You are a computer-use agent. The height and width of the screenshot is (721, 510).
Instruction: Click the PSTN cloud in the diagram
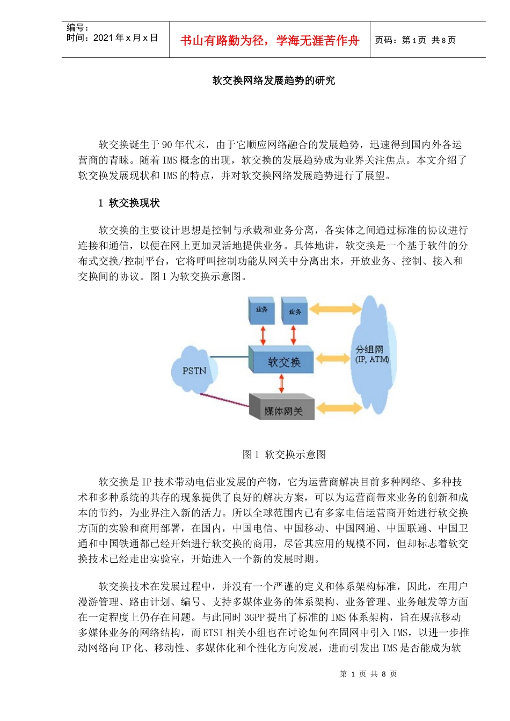pyautogui.click(x=194, y=370)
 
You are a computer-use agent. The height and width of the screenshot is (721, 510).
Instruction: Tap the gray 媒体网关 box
pyautogui.click(x=282, y=409)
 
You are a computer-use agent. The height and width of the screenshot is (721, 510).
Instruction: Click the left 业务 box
pyautogui.click(x=261, y=310)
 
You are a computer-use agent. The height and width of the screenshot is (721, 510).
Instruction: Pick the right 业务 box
pyautogui.click(x=295, y=311)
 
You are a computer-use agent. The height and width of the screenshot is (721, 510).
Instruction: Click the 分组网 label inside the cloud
pyautogui.click(x=369, y=349)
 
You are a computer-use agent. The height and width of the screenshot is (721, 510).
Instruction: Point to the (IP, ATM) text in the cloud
pyautogui.click(x=372, y=359)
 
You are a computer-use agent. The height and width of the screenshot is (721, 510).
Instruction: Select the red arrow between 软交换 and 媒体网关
pyautogui.click(x=281, y=384)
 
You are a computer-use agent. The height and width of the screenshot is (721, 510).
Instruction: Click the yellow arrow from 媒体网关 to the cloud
pyautogui.click(x=338, y=408)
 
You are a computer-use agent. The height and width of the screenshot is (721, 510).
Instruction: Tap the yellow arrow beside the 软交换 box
pyautogui.click(x=333, y=358)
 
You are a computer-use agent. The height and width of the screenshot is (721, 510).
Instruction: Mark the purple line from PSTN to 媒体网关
pyautogui.click(x=224, y=400)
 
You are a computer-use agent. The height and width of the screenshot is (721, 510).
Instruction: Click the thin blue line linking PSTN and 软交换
pyautogui.click(x=229, y=357)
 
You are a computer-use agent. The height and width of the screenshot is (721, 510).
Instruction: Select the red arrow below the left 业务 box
pyautogui.click(x=263, y=335)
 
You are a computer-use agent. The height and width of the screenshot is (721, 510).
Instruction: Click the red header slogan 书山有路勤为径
pyautogui.click(x=269, y=41)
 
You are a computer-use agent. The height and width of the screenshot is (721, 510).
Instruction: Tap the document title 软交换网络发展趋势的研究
pyautogui.click(x=273, y=80)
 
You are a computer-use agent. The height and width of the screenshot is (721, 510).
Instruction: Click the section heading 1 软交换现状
pyautogui.click(x=129, y=203)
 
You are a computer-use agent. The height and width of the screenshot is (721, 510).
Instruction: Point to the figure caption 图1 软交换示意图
pyautogui.click(x=284, y=454)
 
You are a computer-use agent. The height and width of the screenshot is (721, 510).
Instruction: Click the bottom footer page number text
pyautogui.click(x=368, y=674)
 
